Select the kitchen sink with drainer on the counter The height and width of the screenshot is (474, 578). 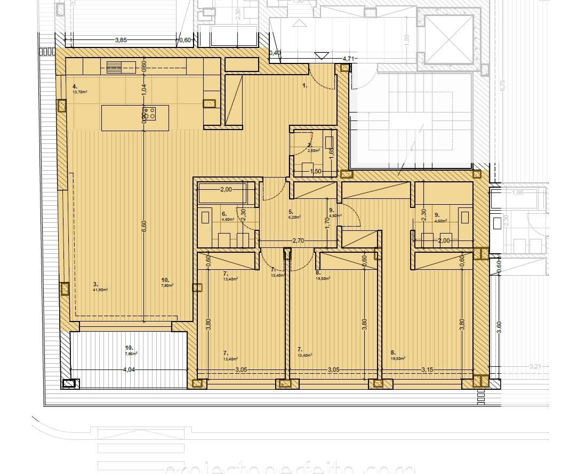pos(114,67)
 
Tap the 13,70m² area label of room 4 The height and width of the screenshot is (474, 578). pos(81,92)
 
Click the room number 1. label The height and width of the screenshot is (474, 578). pos(305,85)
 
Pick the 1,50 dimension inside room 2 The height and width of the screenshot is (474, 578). pos(316,172)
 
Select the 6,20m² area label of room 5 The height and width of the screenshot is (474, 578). pos(295,217)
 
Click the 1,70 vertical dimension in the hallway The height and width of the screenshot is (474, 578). pos(327,222)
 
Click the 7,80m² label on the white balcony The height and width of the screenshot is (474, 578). pos(131,353)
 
